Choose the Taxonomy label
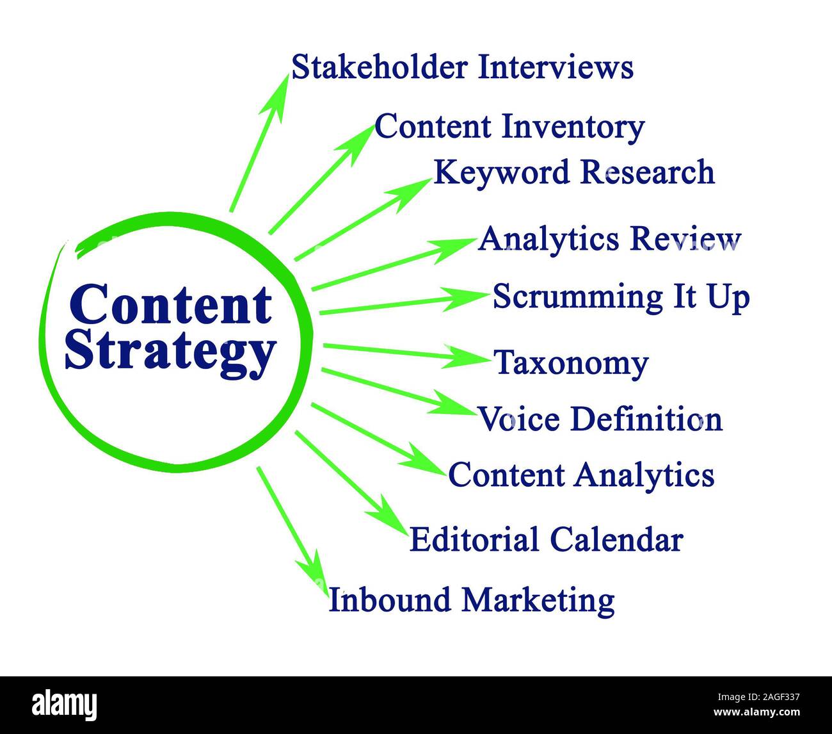click(x=571, y=364)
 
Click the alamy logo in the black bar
click(x=65, y=705)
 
